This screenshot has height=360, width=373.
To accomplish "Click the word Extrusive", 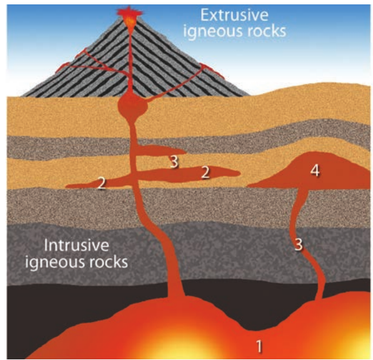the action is (x=234, y=15).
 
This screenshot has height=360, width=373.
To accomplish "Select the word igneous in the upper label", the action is (x=212, y=32).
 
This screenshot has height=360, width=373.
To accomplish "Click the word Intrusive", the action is (x=77, y=245).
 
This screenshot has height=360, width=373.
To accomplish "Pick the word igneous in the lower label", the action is (x=54, y=262).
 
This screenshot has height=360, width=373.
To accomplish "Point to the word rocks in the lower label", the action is (x=107, y=261).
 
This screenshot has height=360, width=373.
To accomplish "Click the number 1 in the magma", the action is (x=259, y=346).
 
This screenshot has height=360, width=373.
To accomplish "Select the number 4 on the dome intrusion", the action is (x=315, y=170).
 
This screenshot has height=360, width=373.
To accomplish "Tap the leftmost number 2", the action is (x=102, y=184).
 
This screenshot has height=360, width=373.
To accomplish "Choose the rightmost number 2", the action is (x=206, y=172).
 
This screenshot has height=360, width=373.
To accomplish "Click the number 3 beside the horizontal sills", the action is (x=174, y=162).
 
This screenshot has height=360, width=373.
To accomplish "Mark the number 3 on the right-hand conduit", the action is (x=299, y=244).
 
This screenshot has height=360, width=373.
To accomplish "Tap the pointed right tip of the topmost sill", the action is (x=186, y=151).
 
